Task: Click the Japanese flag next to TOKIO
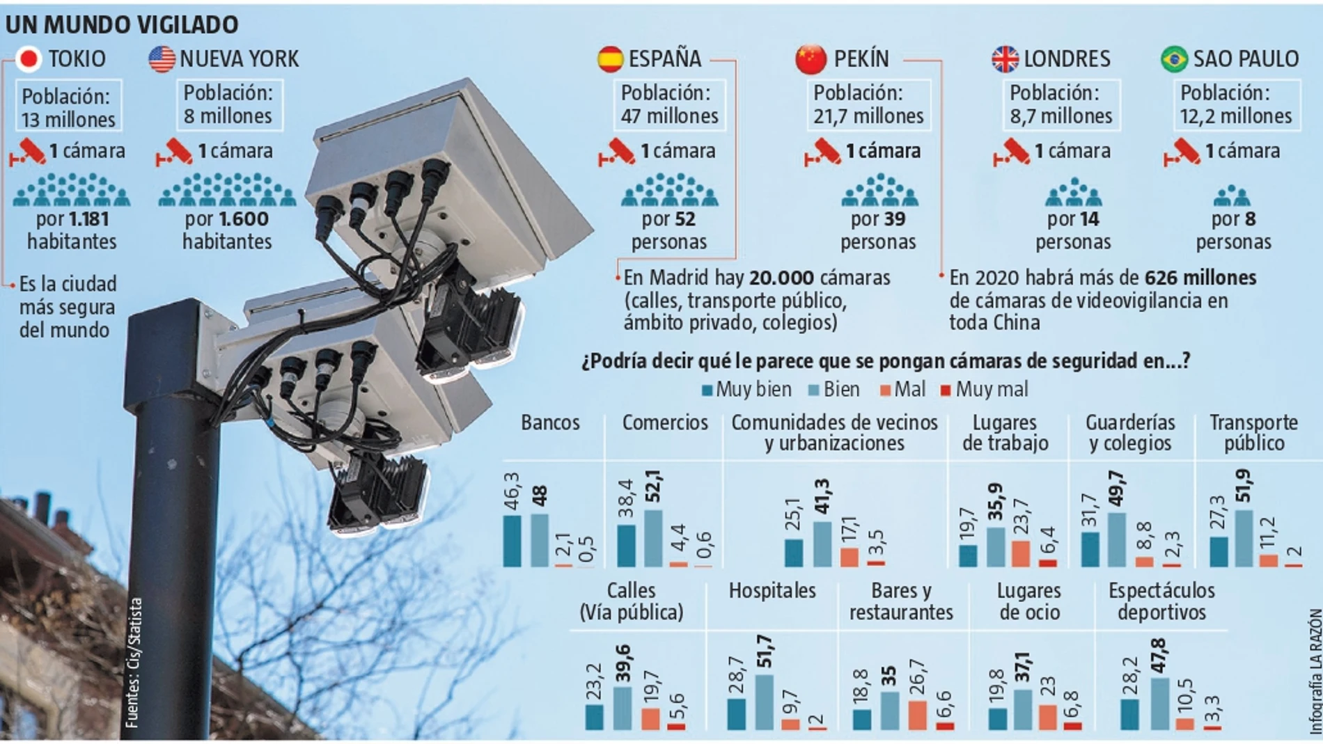(x=29, y=59)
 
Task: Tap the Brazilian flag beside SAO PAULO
(x=1174, y=59)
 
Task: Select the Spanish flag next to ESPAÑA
(x=610, y=59)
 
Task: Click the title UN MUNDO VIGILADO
(x=122, y=25)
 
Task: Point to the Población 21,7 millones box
(x=868, y=105)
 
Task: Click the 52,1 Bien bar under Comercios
(x=653, y=539)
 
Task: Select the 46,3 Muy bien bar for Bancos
(x=512, y=541)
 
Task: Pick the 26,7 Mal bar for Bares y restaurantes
(x=918, y=715)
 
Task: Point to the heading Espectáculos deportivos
(x=1161, y=601)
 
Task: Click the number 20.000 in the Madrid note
(x=781, y=278)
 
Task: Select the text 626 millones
(x=1200, y=278)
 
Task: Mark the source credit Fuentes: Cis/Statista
(x=134, y=663)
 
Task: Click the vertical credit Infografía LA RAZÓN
(x=1315, y=672)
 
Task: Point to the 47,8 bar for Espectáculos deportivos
(x=1160, y=703)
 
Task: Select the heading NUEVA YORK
(x=239, y=59)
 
